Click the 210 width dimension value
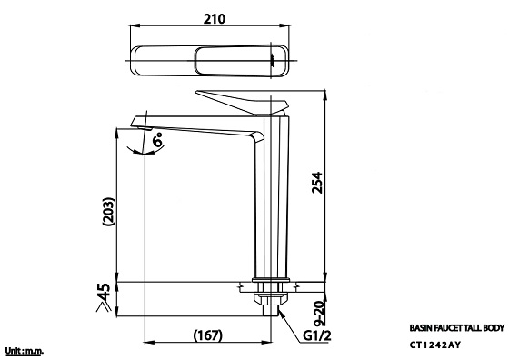215,19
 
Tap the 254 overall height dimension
317,183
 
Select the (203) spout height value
108,211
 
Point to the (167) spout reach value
208,335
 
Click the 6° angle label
158,140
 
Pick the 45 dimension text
104,293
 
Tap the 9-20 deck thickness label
320,314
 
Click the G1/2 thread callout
317,335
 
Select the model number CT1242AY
434,345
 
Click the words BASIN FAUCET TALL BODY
457,328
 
